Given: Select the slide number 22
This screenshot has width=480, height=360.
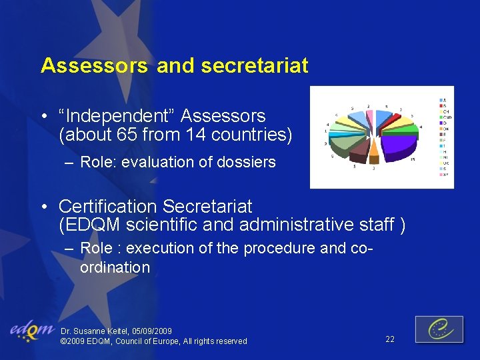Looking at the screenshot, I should pyautogui.click(x=390, y=339).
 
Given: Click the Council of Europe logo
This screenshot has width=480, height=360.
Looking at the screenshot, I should pyautogui.click(x=439, y=329).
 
